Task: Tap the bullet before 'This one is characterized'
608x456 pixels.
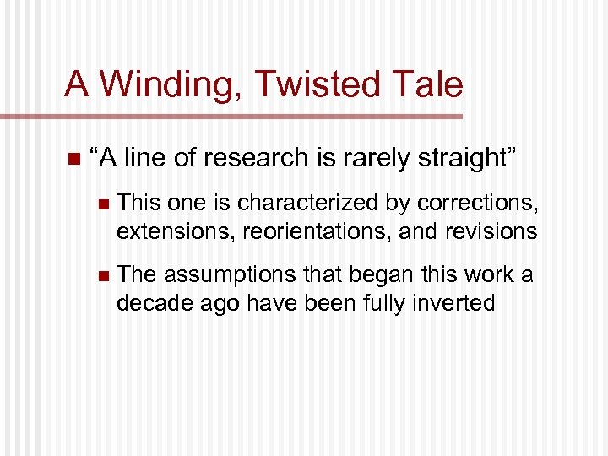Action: click(x=103, y=204)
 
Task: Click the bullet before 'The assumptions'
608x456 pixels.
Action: click(x=103, y=276)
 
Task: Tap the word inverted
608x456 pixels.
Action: click(x=456, y=302)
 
